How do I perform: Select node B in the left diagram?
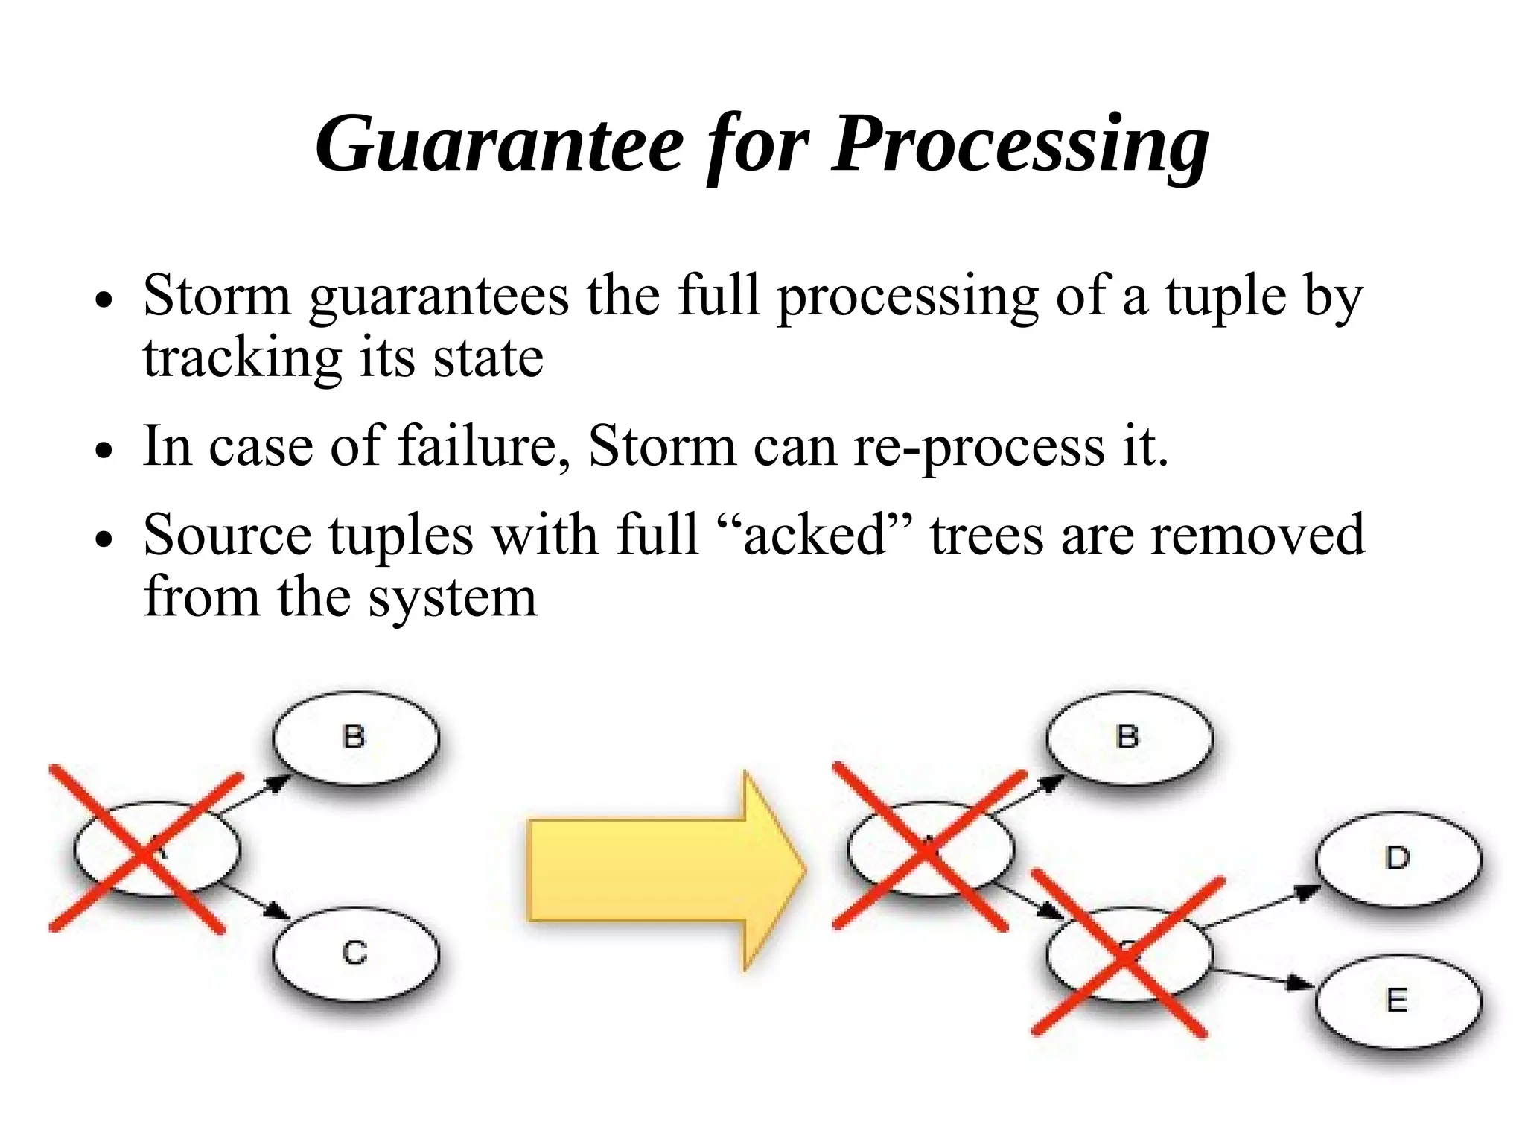(x=355, y=738)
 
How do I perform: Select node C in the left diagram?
(x=355, y=954)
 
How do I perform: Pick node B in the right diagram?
(x=1128, y=738)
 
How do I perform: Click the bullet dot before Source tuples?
(x=104, y=539)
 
